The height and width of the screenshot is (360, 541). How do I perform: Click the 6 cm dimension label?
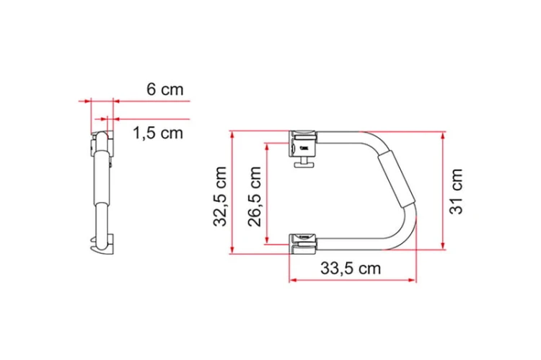pyautogui.click(x=165, y=89)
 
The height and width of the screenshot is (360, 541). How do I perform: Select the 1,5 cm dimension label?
pyautogui.click(x=158, y=133)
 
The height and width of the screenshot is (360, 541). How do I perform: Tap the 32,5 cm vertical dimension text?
pyautogui.click(x=220, y=196)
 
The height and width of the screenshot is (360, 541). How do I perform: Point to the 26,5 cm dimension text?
pyautogui.click(x=255, y=196)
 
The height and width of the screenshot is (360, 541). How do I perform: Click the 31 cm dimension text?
pyautogui.click(x=456, y=191)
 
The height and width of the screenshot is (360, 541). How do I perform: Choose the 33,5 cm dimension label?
pyautogui.click(x=351, y=268)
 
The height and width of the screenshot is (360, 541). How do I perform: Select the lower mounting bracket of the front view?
pyautogui.click(x=302, y=244)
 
